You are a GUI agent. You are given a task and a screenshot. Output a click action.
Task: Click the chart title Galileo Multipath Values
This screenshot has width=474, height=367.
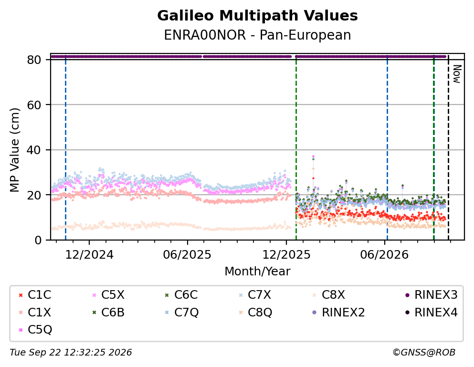pos(257,16)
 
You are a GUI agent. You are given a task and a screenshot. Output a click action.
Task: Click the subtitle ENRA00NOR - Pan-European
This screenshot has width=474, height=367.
pos(257,35)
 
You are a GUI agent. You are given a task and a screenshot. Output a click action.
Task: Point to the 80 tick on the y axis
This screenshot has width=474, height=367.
pos(34,60)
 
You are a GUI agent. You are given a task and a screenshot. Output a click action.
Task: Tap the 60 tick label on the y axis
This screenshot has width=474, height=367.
pos(34,105)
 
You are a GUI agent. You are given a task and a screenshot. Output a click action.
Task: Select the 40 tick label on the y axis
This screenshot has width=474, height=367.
pos(34,150)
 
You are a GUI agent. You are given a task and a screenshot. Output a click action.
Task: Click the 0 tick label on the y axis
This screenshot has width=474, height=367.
pos(38,240)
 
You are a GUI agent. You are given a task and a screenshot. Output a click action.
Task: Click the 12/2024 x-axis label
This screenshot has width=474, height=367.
pos(89,255)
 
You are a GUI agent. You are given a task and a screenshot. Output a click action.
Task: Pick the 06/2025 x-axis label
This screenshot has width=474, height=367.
pos(187,255)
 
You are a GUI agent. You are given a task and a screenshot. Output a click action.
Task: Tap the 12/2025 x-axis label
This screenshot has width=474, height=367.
pos(286,255)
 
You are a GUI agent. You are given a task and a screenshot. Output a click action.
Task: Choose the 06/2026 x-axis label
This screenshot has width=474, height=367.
pos(384,255)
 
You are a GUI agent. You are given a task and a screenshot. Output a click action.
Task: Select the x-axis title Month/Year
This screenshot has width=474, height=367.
pos(257,271)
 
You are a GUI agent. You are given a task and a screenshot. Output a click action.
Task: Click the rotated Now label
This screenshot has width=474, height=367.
pos(457,74)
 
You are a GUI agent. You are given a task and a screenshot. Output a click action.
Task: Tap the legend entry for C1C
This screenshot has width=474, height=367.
pos(35,295)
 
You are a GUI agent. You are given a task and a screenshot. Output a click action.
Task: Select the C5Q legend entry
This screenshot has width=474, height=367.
pos(35,329)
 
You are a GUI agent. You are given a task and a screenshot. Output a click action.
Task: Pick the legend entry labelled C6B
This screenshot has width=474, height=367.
pos(108,312)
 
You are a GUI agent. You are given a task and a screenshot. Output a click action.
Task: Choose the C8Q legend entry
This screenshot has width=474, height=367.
pos(255,312)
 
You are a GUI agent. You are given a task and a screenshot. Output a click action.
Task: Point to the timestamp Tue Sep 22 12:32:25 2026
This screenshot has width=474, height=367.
pos(71,353)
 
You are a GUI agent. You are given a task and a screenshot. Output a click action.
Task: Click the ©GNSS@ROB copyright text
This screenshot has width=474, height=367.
pos(424,353)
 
